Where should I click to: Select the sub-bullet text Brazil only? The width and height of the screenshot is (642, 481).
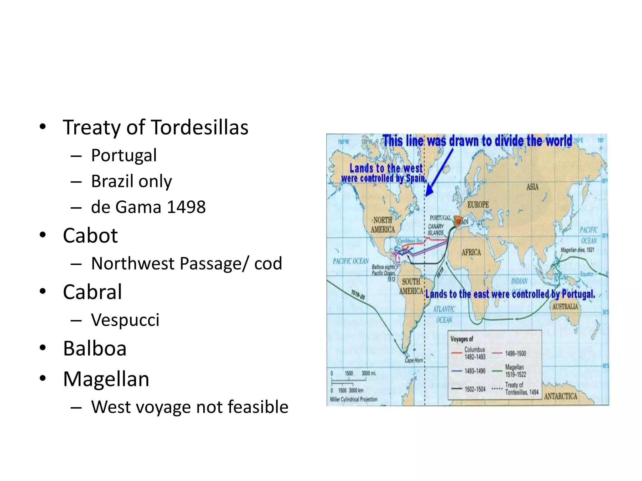(131, 181)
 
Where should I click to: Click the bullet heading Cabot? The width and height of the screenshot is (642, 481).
(90, 235)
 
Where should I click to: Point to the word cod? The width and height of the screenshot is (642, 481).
(268, 263)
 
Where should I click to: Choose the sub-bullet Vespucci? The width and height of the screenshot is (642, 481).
(125, 320)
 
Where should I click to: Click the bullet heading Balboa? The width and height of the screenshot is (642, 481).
(95, 348)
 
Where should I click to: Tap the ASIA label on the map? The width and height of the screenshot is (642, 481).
(532, 187)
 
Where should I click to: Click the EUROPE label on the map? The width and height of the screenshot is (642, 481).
(478, 205)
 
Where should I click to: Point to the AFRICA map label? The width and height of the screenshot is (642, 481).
(471, 252)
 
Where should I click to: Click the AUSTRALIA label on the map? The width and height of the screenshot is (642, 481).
(565, 307)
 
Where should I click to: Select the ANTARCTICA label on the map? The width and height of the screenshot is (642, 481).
(560, 396)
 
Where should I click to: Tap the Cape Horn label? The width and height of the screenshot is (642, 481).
(414, 360)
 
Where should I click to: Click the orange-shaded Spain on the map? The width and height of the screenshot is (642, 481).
(459, 222)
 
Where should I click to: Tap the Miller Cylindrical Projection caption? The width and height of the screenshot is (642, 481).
(354, 399)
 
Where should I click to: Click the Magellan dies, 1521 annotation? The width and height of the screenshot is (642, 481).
(577, 250)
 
